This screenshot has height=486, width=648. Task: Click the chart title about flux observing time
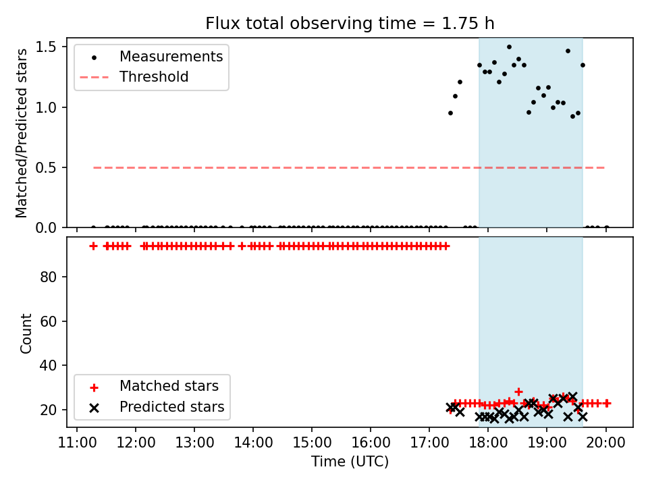(350, 23)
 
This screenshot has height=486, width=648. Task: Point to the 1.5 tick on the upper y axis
(45, 47)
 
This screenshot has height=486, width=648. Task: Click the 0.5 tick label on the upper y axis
(45, 168)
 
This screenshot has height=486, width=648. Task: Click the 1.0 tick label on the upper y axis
(45, 107)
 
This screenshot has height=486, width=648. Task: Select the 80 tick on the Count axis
(48, 277)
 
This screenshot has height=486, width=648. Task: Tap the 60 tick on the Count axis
(48, 321)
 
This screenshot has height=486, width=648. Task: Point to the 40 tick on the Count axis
(48, 365)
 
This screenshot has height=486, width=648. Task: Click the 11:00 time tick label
(77, 443)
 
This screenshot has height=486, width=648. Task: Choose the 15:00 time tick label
(312, 443)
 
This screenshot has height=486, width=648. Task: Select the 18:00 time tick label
(488, 443)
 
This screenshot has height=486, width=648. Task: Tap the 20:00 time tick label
(606, 443)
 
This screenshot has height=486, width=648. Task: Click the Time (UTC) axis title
(350, 461)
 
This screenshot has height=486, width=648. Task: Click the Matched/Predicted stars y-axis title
(22, 133)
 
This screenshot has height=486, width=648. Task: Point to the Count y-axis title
(26, 333)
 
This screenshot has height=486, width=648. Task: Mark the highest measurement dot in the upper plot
(509, 47)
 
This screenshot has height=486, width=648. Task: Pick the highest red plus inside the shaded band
(518, 391)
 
